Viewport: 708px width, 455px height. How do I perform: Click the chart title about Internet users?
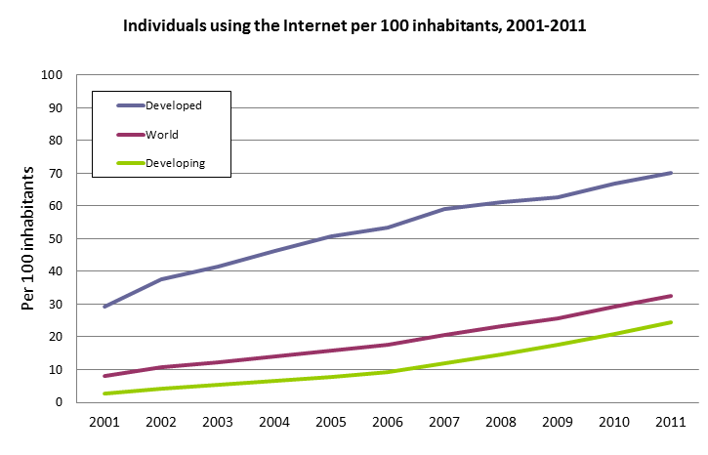point(354,26)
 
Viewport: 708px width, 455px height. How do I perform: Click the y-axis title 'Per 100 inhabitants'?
point(28,238)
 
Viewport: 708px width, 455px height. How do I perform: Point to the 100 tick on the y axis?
point(53,75)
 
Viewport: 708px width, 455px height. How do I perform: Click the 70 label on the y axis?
point(56,173)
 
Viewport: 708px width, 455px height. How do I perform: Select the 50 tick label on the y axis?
point(56,238)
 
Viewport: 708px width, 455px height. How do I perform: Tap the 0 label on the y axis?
point(60,401)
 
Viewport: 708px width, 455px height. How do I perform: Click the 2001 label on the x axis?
point(104,423)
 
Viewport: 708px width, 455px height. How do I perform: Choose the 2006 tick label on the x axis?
point(388,423)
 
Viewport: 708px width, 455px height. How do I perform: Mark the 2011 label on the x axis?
point(671,423)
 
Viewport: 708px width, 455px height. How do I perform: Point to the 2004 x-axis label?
point(273,423)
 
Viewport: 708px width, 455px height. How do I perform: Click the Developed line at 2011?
point(671,173)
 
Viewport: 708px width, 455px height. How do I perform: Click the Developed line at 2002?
point(160,279)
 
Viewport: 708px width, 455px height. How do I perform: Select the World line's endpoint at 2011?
point(671,296)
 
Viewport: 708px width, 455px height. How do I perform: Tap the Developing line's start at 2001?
point(104,393)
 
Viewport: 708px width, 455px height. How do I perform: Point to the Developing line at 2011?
point(671,322)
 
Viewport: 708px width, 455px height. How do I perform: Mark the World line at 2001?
point(104,376)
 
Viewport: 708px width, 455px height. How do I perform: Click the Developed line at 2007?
point(444,209)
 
